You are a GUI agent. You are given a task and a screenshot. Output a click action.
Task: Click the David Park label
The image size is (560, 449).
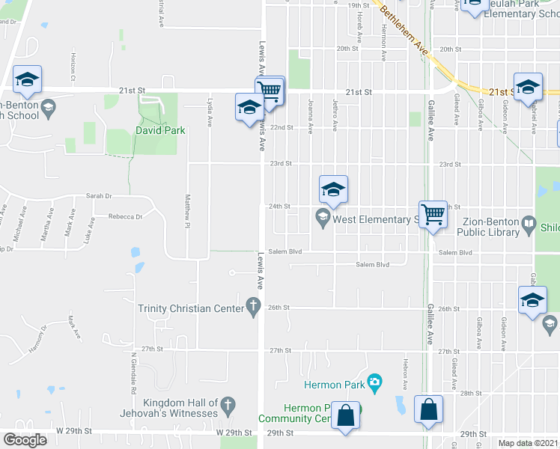[x=159, y=130]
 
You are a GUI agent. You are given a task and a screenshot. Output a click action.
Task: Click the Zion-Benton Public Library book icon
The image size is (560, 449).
[x=529, y=223]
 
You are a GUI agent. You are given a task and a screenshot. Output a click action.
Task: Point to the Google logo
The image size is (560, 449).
[x=24, y=440]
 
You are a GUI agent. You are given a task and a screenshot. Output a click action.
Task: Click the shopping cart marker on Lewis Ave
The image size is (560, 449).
[x=270, y=91]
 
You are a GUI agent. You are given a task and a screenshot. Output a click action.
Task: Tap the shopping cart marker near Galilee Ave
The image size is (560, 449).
[x=433, y=214]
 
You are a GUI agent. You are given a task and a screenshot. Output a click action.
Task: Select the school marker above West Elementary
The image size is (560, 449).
[x=334, y=189]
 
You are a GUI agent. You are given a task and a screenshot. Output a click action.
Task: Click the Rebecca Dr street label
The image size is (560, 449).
[x=125, y=216]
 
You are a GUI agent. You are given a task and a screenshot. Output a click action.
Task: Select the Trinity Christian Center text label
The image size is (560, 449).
[x=191, y=308]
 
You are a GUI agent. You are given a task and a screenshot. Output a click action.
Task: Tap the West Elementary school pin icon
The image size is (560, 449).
[x=323, y=219]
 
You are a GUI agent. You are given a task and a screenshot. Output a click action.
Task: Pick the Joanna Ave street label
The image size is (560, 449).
[x=310, y=109]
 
